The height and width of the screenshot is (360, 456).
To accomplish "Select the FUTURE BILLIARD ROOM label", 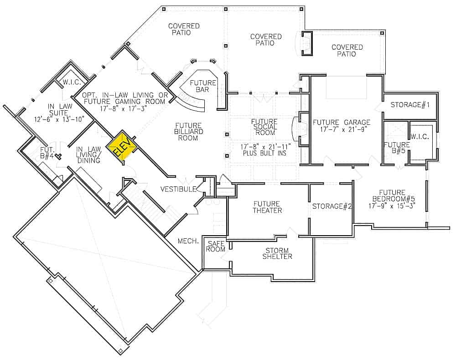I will pyautogui.click(x=188, y=131).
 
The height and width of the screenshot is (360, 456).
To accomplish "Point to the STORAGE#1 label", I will pyautogui.click(x=410, y=105).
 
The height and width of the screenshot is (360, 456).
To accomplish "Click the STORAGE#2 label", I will pyautogui.click(x=332, y=206).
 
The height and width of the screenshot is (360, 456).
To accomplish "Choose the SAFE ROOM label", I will pyautogui.click(x=215, y=246).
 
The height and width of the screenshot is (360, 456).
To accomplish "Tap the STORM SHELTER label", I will pyautogui.click(x=277, y=253).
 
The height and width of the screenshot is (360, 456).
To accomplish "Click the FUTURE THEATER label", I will pyautogui.click(x=268, y=207).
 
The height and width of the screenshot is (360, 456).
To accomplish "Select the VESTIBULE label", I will pyautogui.click(x=178, y=189).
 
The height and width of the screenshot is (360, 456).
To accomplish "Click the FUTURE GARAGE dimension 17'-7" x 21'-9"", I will pyautogui.click(x=342, y=130).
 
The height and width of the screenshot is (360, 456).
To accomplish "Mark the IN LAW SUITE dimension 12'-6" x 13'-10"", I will pyautogui.click(x=60, y=120).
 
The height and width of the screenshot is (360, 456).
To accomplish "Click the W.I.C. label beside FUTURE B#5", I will pyautogui.click(x=419, y=136).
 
